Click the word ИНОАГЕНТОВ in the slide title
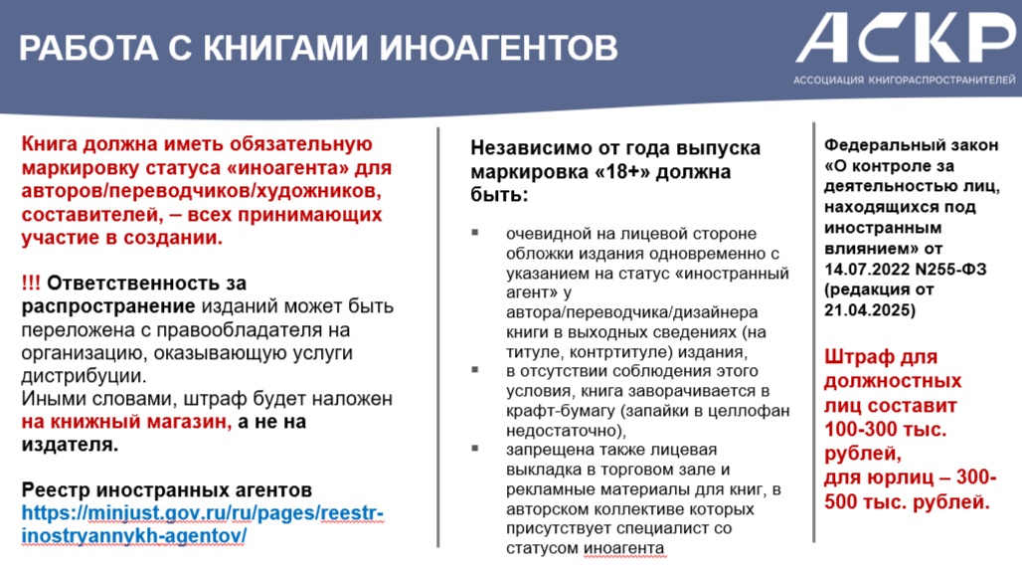[498, 48]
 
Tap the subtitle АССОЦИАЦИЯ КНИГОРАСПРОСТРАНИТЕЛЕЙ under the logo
[904, 81]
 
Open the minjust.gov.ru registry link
[203, 524]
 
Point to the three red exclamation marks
[31, 283]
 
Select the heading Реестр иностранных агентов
[167, 489]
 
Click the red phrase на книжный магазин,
[127, 422]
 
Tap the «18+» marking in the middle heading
[629, 172]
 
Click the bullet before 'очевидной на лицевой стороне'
[475, 232]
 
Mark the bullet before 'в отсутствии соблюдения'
[475, 370]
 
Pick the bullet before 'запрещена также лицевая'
[475, 448]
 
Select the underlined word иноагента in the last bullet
[623, 548]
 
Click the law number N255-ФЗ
[951, 270]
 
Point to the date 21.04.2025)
[870, 310]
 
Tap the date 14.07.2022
[867, 270]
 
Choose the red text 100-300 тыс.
[885, 430]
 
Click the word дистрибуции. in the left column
[85, 376]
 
